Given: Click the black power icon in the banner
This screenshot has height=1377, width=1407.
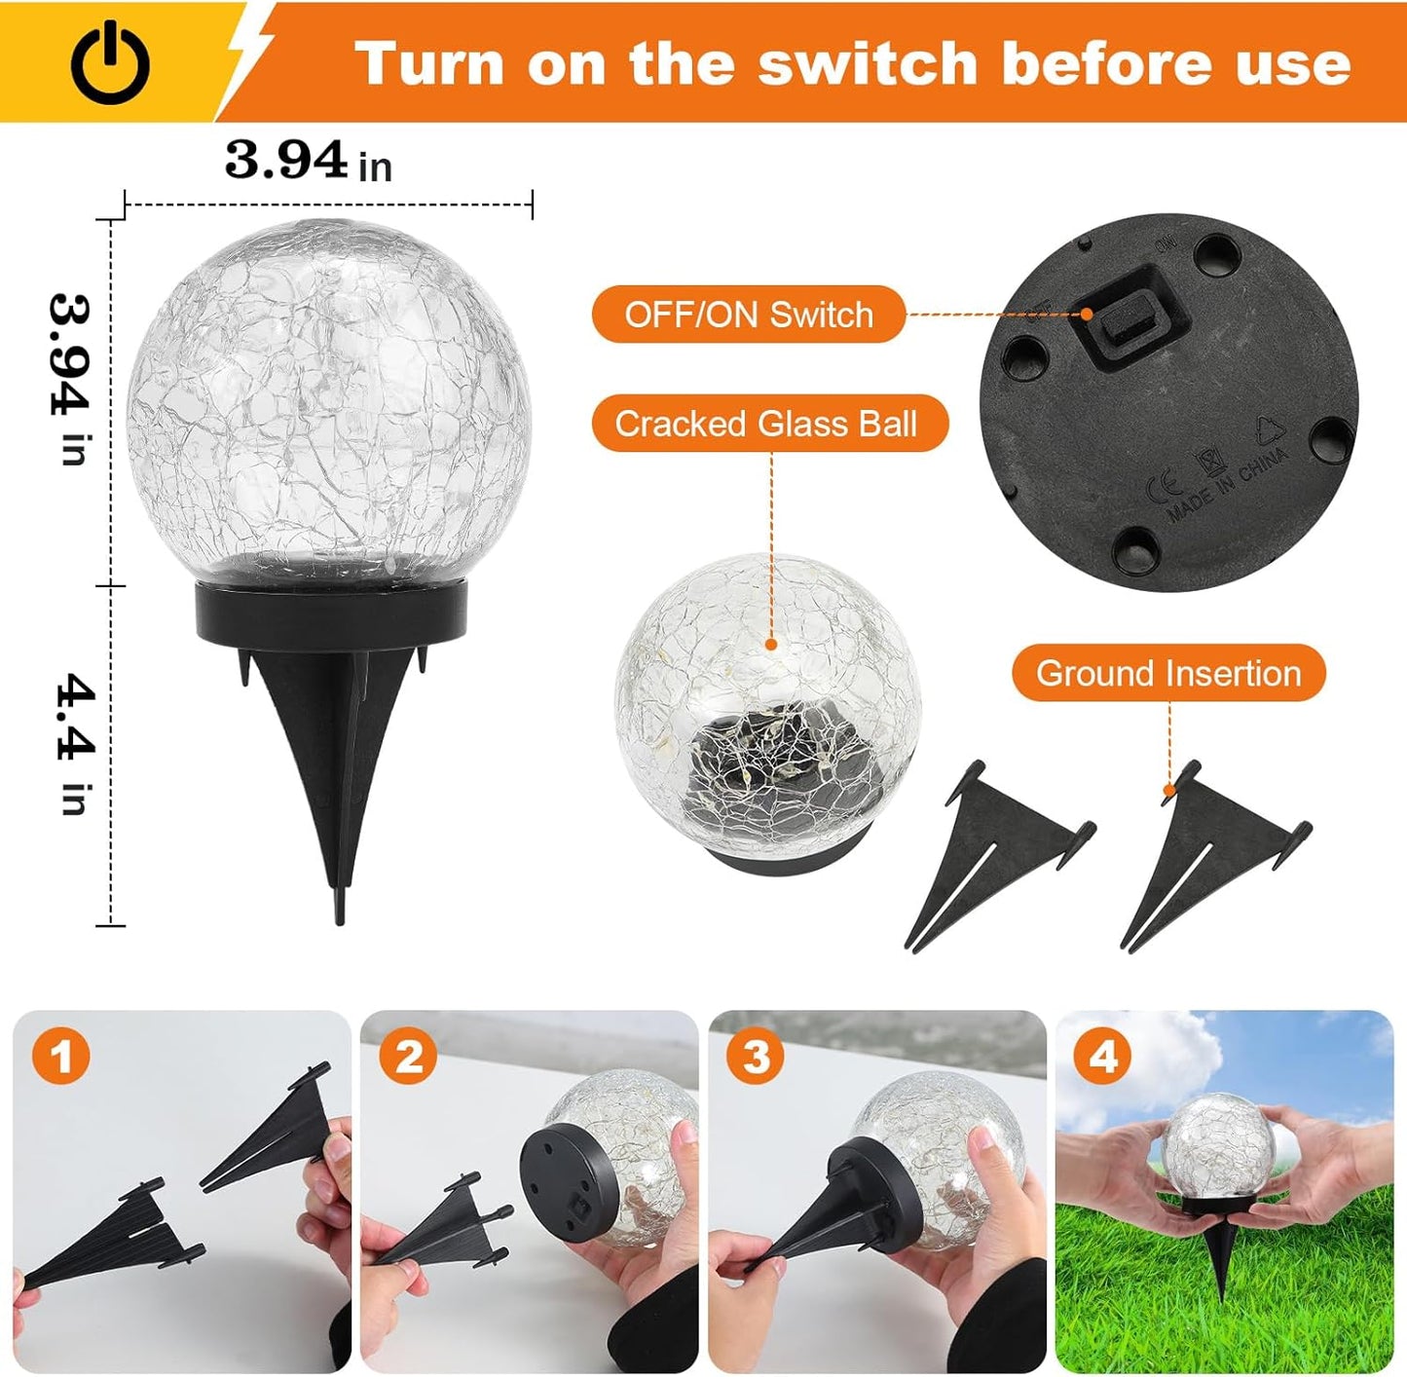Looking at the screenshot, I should pyautogui.click(x=110, y=64).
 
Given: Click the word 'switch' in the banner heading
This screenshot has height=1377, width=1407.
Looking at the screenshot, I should pyautogui.click(x=868, y=64).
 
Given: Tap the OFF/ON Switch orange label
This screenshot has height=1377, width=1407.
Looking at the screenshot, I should pyautogui.click(x=748, y=315).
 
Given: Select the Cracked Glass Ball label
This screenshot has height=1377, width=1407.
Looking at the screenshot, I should pyautogui.click(x=767, y=424).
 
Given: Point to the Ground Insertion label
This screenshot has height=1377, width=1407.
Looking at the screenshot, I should pyautogui.click(x=1168, y=673).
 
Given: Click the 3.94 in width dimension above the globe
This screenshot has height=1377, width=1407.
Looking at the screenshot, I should pyautogui.click(x=308, y=162).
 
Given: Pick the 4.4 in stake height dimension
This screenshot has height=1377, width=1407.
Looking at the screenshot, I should pyautogui.click(x=74, y=743).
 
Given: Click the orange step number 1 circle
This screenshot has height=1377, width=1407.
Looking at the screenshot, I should pyautogui.click(x=60, y=1056).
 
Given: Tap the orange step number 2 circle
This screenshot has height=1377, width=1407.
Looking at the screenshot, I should pyautogui.click(x=408, y=1056).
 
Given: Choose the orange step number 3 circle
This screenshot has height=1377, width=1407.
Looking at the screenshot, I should pyautogui.click(x=756, y=1056).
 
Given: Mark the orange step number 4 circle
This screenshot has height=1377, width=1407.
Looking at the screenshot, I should pyautogui.click(x=1102, y=1056).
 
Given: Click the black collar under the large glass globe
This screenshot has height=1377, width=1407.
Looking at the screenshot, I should pyautogui.click(x=332, y=612).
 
